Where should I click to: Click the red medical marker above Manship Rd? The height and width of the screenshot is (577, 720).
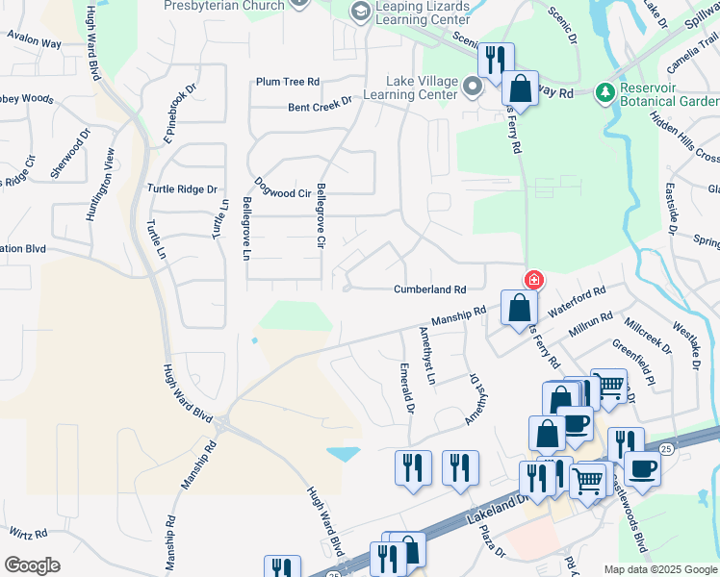pos(532,280)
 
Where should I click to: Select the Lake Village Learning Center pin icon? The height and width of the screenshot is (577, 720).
pos(472,88)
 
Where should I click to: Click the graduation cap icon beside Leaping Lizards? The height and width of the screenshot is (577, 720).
pos(360,11)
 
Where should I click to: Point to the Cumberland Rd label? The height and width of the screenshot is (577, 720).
pos(429,288)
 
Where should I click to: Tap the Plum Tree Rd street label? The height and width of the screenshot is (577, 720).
pos(287,82)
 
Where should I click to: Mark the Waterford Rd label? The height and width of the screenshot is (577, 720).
pos(577,303)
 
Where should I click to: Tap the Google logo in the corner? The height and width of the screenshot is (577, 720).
pos(32,565)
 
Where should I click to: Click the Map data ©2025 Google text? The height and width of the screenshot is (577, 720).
pos(660,569)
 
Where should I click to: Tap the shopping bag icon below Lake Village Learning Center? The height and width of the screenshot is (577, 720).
pos(520,89)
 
